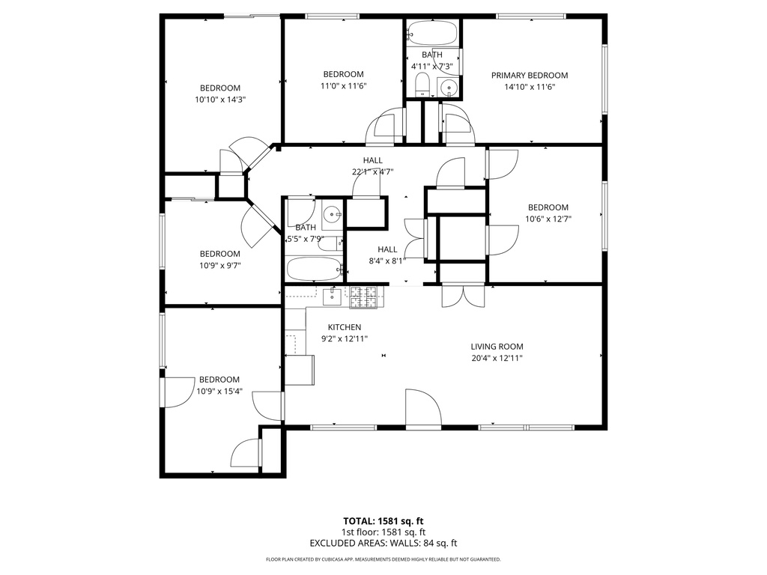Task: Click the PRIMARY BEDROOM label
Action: pos(529,75)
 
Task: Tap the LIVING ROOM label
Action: pos(497,347)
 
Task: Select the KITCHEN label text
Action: pos(345,327)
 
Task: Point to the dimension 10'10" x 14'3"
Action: pos(219,99)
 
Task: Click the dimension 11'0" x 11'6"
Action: pos(343,85)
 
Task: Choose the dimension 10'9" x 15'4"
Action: pos(219,391)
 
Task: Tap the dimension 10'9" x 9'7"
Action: pos(219,265)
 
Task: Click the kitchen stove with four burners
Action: pos(365,296)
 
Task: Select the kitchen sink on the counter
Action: pos(332,296)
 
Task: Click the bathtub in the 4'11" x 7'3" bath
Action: pos(432,33)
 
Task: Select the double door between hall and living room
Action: pos(463,296)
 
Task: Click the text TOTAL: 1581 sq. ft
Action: pos(383,520)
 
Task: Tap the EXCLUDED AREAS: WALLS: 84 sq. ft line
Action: pos(383,544)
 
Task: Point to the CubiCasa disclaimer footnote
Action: pos(383,559)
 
